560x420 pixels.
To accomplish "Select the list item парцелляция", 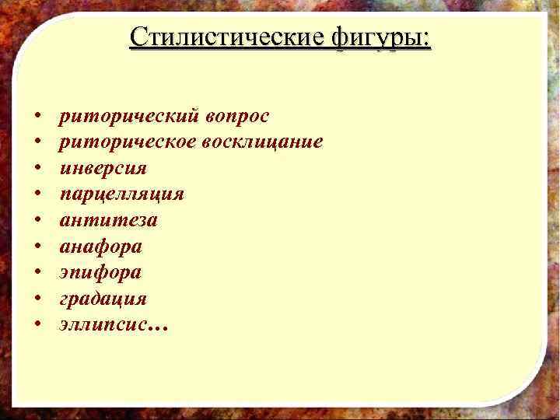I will pyautogui.click(x=121, y=194).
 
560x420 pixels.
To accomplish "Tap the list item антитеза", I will pyautogui.click(x=108, y=220).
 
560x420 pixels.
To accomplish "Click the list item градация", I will pyautogui.click(x=103, y=299).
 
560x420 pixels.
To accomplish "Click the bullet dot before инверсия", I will pyautogui.click(x=37, y=169).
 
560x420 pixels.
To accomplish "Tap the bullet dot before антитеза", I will pyautogui.click(x=37, y=221).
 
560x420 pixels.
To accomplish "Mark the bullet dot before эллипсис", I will pyautogui.click(x=37, y=325).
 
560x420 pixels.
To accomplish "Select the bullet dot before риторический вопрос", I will pyautogui.click(x=37, y=117).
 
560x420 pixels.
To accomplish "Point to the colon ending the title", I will pyautogui.click(x=427, y=40).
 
